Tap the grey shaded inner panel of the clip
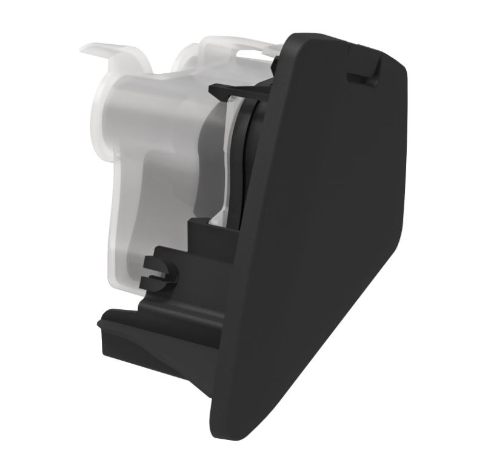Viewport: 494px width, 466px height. click(209, 157)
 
